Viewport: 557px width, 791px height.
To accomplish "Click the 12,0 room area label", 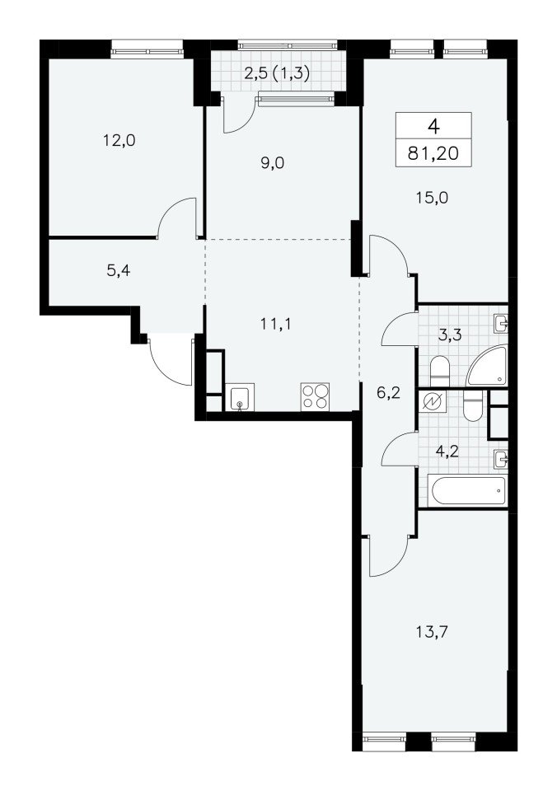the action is click(x=119, y=140).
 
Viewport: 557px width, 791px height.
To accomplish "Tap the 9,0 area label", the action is click(x=273, y=163).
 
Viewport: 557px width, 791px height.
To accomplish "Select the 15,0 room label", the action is click(x=432, y=198).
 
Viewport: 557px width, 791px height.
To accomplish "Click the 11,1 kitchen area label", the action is click(x=276, y=325).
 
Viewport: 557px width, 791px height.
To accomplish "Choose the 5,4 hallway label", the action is click(x=119, y=271).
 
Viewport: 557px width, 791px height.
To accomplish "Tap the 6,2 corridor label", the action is click(x=388, y=392).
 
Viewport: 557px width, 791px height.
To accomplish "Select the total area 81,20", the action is click(x=433, y=153).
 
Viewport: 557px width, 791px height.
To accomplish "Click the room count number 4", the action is click(x=433, y=125).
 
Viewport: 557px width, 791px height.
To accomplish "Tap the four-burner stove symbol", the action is click(x=315, y=396).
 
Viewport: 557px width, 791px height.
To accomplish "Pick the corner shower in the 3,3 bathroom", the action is click(x=488, y=366).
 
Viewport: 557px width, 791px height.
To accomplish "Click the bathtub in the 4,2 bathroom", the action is click(x=466, y=490).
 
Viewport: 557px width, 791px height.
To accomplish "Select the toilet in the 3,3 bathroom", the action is click(x=440, y=370).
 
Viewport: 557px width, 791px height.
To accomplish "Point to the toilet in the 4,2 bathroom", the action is click(x=473, y=406).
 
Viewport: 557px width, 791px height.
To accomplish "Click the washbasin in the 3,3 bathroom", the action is click(x=500, y=323).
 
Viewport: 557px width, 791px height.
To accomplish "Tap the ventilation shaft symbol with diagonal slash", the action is click(x=433, y=401).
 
